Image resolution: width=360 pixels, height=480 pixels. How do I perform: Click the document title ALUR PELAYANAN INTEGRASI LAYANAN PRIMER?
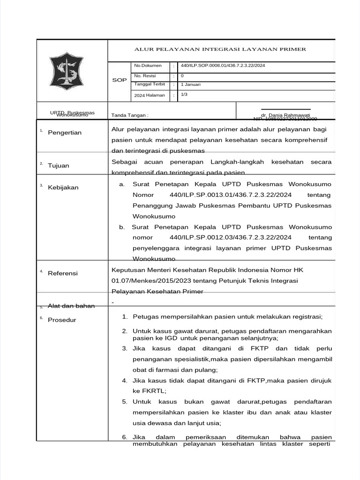pyautogui.click(x=220, y=49)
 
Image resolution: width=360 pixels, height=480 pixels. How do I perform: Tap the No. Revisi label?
pyautogui.click(x=145, y=75)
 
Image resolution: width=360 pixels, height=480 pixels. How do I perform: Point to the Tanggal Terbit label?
pyautogui.click(x=150, y=84)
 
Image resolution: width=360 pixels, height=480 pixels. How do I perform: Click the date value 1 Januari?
pyautogui.click(x=191, y=84)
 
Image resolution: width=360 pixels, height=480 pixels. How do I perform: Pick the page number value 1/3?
pyautogui.click(x=184, y=94)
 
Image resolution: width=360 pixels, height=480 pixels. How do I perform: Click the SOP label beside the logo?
pyautogui.click(x=120, y=80)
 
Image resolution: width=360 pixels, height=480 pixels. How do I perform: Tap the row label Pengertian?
pyautogui.click(x=65, y=133)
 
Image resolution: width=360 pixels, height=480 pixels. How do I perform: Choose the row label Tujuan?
pyautogui.click(x=59, y=165)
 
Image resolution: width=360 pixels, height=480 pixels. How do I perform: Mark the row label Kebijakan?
pyautogui.click(x=63, y=187)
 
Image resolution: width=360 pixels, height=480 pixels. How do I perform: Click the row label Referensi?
pyautogui.click(x=63, y=273)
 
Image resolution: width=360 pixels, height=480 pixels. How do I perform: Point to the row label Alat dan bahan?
pyautogui.click(x=71, y=306)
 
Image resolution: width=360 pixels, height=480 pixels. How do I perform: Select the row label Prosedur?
pyautogui.click(x=62, y=320)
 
